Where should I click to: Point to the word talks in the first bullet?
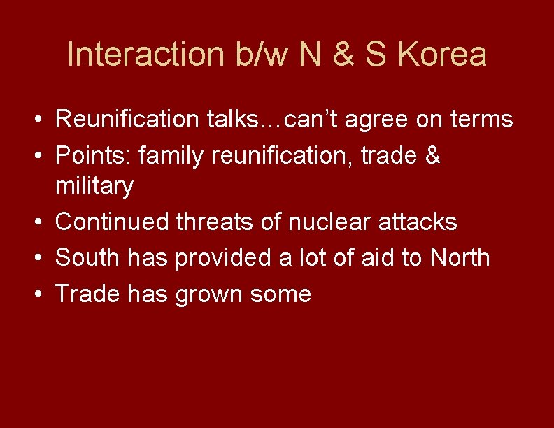click(231, 120)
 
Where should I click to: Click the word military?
click(94, 187)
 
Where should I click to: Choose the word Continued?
click(112, 222)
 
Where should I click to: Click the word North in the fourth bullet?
click(460, 257)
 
